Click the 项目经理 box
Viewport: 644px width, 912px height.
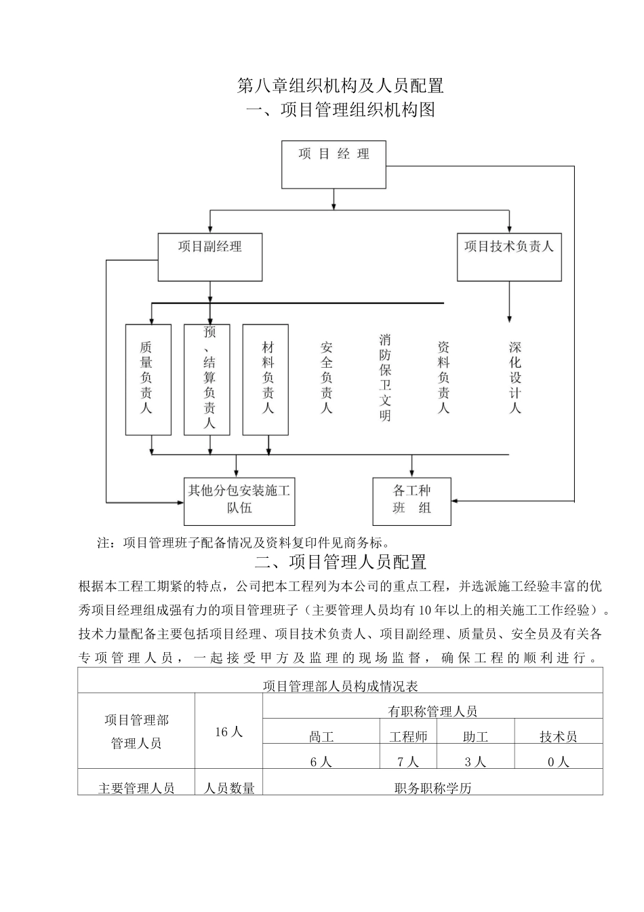(334, 164)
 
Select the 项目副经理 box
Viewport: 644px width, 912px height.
(210, 256)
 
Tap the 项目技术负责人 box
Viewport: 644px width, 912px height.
(509, 256)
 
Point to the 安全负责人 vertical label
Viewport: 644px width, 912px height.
(327, 377)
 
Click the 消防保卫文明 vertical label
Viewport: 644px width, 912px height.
(385, 377)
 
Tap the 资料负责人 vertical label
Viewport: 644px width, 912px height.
(444, 377)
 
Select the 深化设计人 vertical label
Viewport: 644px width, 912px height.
(515, 377)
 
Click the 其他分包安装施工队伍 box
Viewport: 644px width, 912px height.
(239, 501)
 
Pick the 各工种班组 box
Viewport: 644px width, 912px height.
(411, 501)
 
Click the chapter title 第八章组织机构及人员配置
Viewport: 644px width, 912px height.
(340, 86)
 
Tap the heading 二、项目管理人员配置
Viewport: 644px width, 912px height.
(340, 562)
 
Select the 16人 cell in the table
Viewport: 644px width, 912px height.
(228, 731)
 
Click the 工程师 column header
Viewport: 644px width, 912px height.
(408, 736)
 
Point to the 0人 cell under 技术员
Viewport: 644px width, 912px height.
(558, 761)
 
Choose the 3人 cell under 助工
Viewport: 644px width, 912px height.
(475, 761)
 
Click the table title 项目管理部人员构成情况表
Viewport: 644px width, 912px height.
(340, 686)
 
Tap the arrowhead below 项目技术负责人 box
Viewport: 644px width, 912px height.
(509, 318)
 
